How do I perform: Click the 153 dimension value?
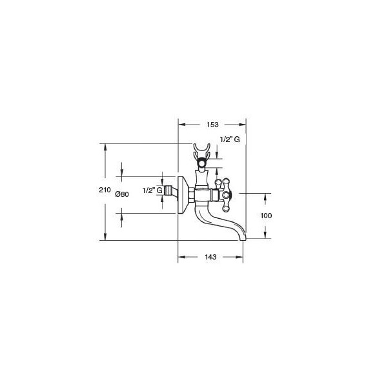click(x=213, y=125)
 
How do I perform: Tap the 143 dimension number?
click(x=210, y=257)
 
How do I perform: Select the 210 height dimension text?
click(x=105, y=190)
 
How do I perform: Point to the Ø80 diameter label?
click(x=122, y=194)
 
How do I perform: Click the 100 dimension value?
click(x=266, y=216)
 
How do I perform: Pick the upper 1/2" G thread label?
click(x=230, y=139)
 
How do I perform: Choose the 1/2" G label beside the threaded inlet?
click(x=152, y=190)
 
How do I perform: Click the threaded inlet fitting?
click(x=167, y=190)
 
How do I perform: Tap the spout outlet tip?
click(x=243, y=238)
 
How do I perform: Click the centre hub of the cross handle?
click(x=226, y=194)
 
